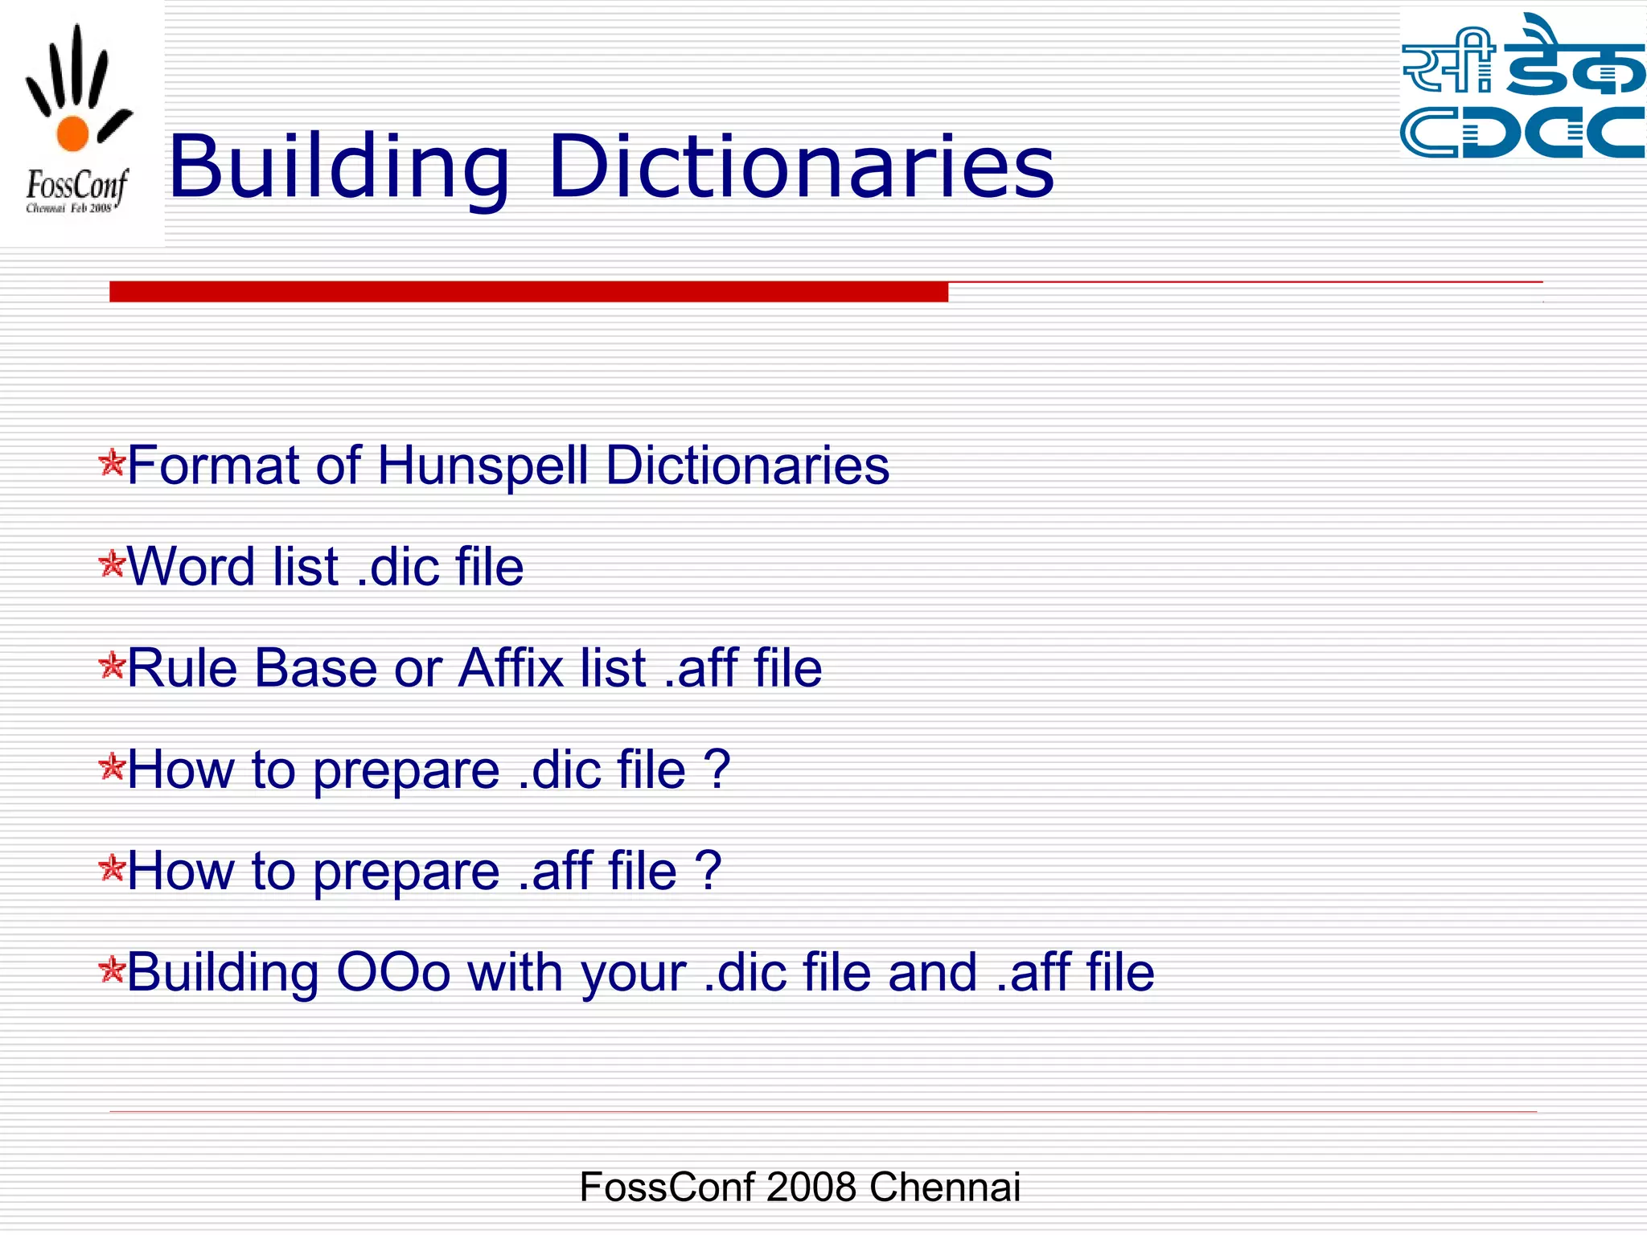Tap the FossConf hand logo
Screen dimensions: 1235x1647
(x=77, y=121)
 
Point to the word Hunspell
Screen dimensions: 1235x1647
(x=483, y=466)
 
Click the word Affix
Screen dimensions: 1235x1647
(x=511, y=668)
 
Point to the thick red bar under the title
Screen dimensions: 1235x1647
(x=528, y=292)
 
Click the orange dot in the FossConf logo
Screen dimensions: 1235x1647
(x=72, y=133)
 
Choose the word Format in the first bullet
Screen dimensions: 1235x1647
(x=213, y=466)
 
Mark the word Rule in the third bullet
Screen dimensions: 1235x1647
(x=183, y=668)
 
